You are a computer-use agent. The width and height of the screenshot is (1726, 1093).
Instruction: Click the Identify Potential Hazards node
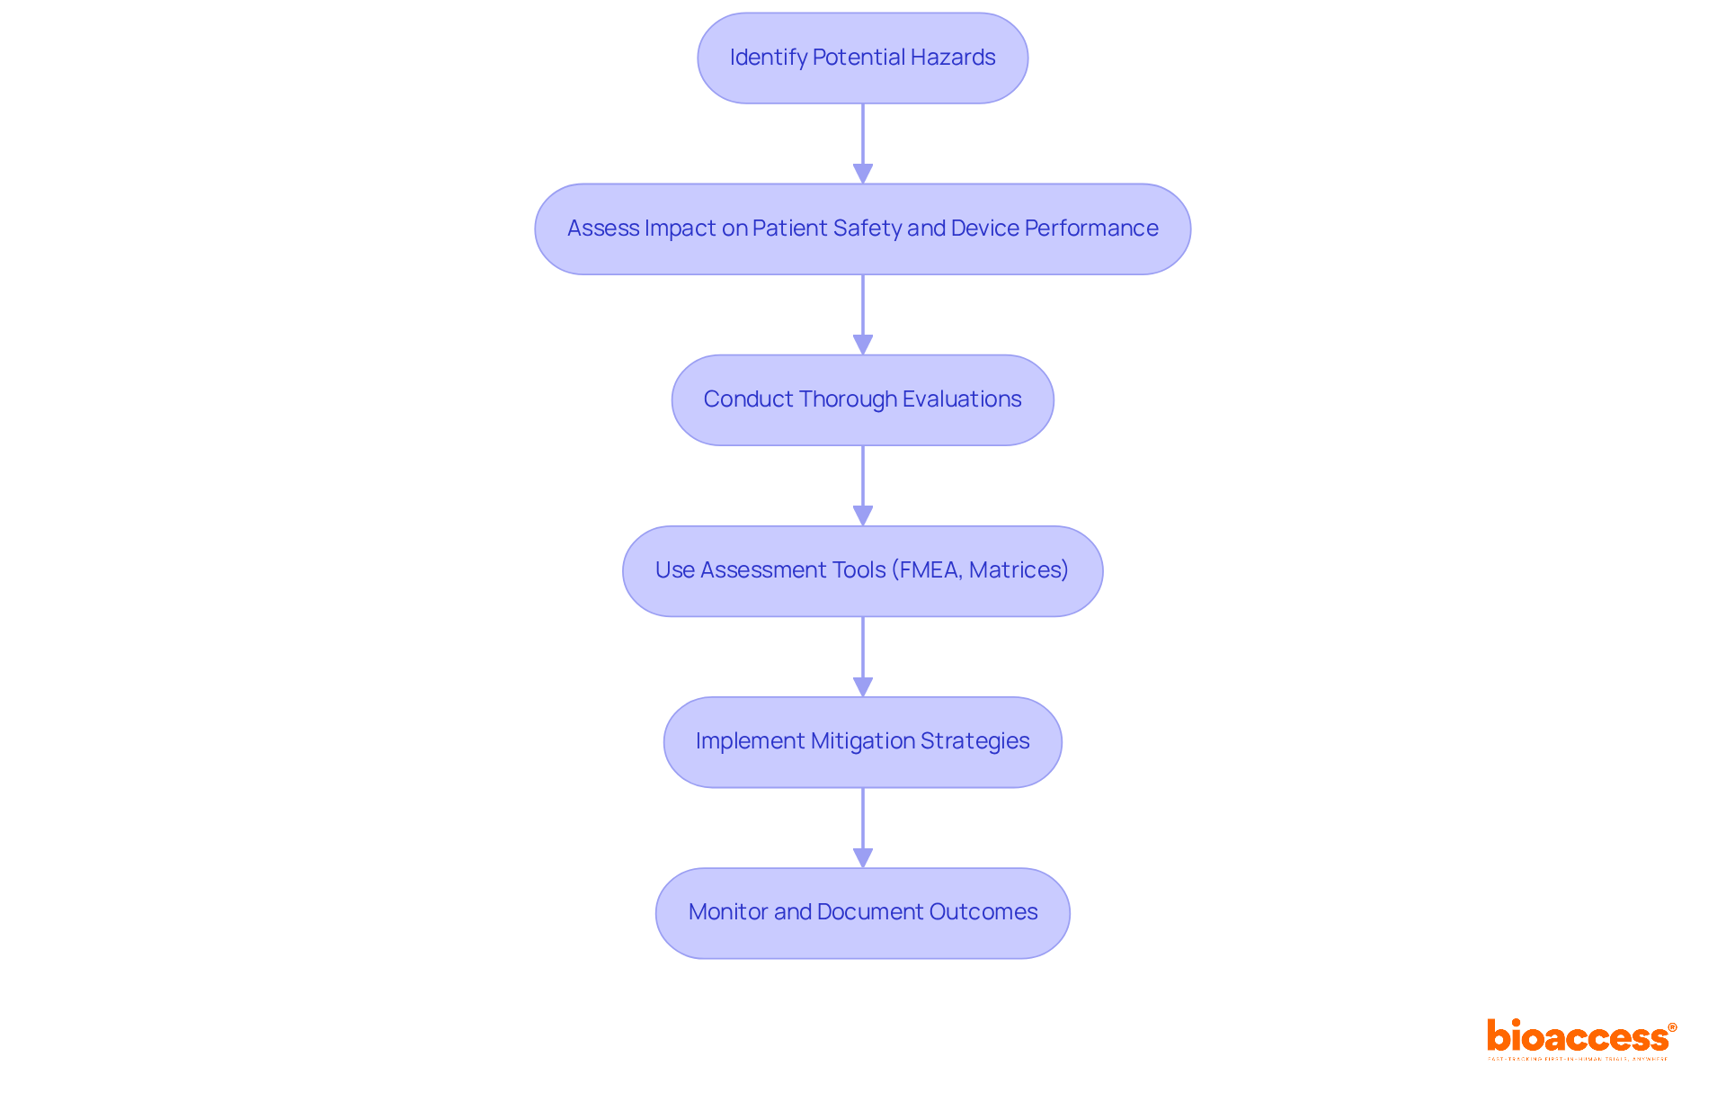click(x=862, y=58)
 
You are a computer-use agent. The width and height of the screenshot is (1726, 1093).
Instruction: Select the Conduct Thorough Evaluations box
click(x=862, y=399)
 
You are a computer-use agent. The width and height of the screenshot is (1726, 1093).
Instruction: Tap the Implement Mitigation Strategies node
click(x=862, y=741)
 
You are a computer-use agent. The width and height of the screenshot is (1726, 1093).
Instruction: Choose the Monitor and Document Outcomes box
click(x=862, y=912)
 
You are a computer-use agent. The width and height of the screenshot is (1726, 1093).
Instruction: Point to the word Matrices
click(x=1015, y=570)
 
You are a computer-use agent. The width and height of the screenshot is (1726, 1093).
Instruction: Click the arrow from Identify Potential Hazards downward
click(x=863, y=144)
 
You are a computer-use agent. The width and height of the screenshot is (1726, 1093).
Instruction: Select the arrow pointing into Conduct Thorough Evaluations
click(x=863, y=315)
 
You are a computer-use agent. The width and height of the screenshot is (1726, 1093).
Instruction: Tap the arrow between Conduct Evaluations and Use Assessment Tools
click(x=863, y=486)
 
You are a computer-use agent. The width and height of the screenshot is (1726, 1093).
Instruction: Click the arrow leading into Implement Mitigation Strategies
click(x=863, y=657)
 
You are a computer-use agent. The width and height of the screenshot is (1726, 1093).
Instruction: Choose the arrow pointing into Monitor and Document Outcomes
click(x=863, y=828)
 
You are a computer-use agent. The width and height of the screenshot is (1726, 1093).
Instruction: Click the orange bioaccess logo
click(x=1579, y=1038)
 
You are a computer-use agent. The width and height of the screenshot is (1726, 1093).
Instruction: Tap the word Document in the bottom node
click(x=869, y=912)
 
